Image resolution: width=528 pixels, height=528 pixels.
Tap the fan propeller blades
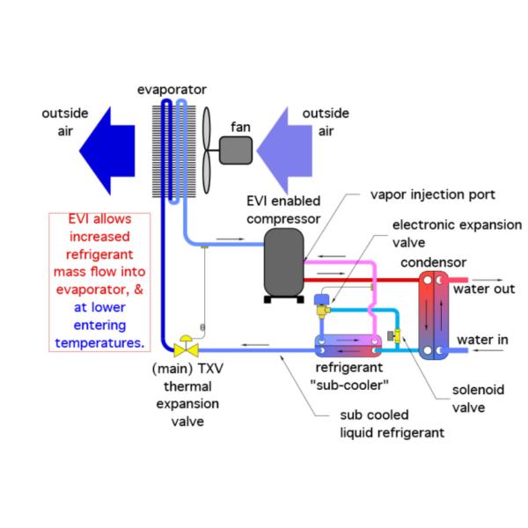210,145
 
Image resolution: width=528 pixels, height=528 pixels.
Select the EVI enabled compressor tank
284,261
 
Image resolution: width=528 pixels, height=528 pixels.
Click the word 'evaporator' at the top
172,89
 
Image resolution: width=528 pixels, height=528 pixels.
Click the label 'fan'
240,127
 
